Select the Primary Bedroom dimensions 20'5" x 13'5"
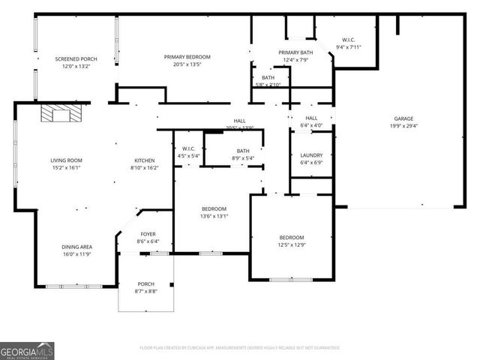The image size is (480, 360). pyautogui.click(x=187, y=64)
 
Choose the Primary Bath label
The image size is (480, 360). pyautogui.click(x=295, y=52)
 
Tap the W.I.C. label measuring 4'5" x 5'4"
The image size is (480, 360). pyautogui.click(x=188, y=148)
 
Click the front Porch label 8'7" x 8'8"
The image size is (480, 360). pyautogui.click(x=145, y=283)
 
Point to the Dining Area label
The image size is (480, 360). pyautogui.click(x=76, y=247)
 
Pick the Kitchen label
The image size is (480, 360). pyautogui.click(x=145, y=160)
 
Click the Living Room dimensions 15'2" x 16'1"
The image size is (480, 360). pyautogui.click(x=66, y=168)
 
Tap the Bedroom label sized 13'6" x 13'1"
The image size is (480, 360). pyautogui.click(x=214, y=208)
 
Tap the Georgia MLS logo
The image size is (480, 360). pyautogui.click(x=27, y=349)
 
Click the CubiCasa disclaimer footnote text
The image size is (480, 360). pyautogui.click(x=240, y=347)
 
